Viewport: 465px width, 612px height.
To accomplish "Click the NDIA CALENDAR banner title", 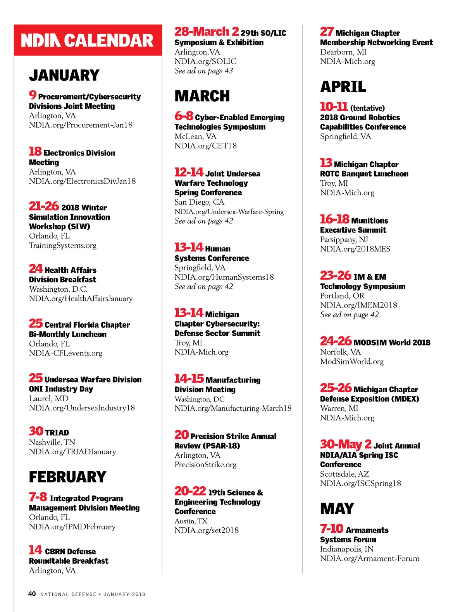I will (88, 41).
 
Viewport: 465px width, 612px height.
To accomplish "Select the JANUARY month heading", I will (64, 75).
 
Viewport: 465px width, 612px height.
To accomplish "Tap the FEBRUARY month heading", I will (67, 477).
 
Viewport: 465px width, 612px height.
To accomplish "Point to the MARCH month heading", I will (202, 96).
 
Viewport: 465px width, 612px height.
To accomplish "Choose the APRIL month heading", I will (343, 87).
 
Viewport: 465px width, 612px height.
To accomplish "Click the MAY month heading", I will (337, 509).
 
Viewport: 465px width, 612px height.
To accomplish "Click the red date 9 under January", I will (33, 95).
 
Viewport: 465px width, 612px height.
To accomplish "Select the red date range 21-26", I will (44, 206).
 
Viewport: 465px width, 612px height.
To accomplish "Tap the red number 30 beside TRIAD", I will (36, 431).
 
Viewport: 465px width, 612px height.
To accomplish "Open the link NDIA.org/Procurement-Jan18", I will (81, 125).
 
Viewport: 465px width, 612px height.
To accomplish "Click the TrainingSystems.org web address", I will (63, 245).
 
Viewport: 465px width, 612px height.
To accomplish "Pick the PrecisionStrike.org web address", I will (205, 465).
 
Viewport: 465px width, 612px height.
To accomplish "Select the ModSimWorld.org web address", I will (352, 361).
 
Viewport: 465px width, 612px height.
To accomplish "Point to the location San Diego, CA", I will (199, 202).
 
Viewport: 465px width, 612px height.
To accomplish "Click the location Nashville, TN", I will (52, 442).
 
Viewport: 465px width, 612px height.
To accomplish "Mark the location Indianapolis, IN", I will (347, 549).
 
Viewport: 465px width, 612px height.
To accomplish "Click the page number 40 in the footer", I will (32, 594).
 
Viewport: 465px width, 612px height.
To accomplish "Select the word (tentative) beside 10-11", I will (367, 108).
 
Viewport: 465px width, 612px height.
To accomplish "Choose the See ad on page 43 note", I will (204, 71).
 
